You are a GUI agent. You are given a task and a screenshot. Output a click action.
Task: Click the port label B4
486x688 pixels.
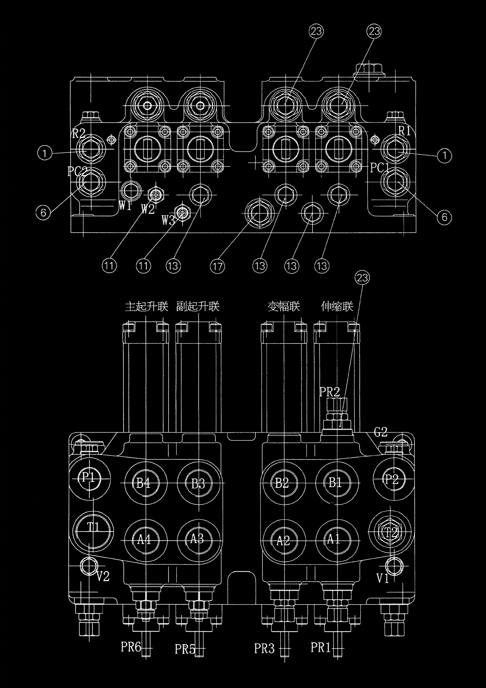144,483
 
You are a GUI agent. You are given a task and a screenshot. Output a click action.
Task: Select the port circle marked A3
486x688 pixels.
197,540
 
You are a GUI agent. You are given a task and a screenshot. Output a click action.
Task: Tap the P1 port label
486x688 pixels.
89,477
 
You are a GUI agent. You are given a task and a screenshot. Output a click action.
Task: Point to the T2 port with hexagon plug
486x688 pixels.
391,532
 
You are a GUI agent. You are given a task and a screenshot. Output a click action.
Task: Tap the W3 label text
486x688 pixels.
168,221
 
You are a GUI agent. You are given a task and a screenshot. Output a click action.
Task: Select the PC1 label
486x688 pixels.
379,168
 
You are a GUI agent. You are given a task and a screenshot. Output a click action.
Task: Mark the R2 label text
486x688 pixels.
79,133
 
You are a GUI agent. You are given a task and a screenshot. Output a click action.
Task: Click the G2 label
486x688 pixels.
381,432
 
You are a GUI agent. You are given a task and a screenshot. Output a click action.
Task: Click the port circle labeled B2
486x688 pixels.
282,483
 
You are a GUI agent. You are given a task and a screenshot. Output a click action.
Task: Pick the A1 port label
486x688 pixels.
334,540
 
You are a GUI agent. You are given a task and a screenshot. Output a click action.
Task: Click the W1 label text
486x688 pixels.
125,205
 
